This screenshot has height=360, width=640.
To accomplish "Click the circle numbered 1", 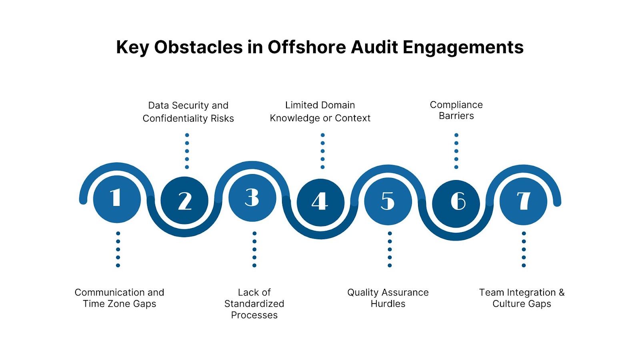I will click(117, 199).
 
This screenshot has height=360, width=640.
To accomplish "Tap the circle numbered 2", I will click(184, 200).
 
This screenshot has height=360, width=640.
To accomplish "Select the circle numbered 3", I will click(252, 198).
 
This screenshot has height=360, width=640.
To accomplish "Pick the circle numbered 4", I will click(320, 202).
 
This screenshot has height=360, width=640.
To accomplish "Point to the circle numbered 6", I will click(456, 203).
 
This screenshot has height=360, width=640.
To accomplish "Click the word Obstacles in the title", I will click(198, 47).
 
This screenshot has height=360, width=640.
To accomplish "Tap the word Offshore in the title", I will click(306, 47).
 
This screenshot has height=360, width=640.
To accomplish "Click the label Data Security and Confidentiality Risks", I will click(188, 112).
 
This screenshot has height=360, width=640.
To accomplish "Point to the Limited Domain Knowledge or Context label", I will click(320, 112).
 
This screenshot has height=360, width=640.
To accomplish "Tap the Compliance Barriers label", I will click(456, 110).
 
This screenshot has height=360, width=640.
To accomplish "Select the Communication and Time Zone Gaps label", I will click(119, 298).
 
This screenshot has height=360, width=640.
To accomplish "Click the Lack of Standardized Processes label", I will click(254, 304).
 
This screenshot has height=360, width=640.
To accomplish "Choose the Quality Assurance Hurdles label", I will click(388, 298).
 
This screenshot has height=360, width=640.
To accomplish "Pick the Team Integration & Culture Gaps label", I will click(522, 298).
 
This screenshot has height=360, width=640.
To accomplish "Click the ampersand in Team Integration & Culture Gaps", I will click(562, 292).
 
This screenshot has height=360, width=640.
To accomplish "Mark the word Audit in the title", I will click(374, 47).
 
